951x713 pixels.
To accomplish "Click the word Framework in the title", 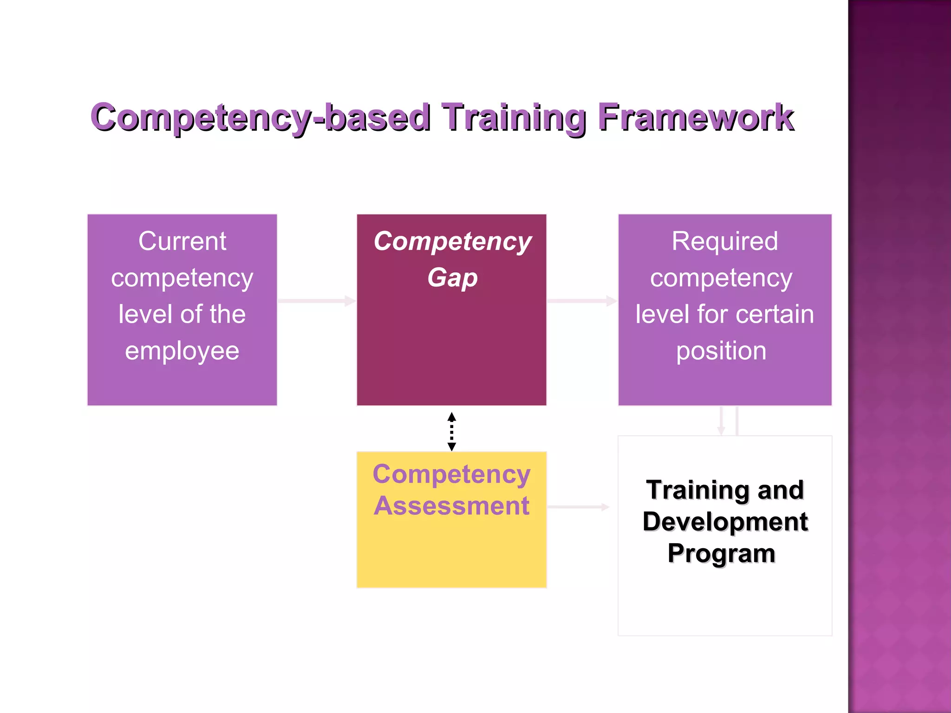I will pos(695,117).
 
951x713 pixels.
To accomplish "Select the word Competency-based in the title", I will pos(260,118).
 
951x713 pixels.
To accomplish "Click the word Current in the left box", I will pos(182,241).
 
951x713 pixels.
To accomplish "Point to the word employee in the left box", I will pos(182,351).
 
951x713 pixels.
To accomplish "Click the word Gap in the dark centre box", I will pos(452,278).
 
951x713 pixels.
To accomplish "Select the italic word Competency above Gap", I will pos(452,241).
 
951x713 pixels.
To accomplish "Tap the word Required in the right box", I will pos(724,241).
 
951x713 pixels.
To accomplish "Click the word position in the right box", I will pos(721,351).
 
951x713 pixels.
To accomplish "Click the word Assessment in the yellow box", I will pos(451,506).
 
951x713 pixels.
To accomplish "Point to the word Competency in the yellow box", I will pos(451,474).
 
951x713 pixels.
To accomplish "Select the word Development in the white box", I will pos(725,522).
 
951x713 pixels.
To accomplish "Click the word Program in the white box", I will pos(721,553).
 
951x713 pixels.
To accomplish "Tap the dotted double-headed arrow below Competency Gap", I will pos(451,431).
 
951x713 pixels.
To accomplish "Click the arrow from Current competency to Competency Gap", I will pos(317,301).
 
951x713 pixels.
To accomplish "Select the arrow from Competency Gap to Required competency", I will pos(582,301).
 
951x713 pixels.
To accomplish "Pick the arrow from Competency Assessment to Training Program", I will pos(578,507).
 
